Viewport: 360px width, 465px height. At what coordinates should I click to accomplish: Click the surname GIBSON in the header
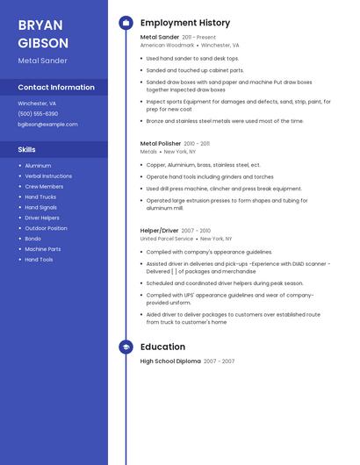click(x=43, y=42)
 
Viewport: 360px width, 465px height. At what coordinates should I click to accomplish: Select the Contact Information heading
click(x=56, y=87)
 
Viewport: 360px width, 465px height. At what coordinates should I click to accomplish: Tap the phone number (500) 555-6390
click(x=38, y=113)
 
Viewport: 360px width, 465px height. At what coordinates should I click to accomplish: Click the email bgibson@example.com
click(x=47, y=125)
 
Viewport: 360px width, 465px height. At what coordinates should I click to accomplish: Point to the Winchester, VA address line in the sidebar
click(x=37, y=103)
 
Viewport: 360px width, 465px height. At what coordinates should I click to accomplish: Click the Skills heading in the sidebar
click(x=26, y=149)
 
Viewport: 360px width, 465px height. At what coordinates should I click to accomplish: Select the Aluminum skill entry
click(x=38, y=165)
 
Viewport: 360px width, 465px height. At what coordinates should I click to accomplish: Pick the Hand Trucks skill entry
click(x=40, y=197)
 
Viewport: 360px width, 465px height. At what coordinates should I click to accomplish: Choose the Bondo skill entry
click(x=32, y=239)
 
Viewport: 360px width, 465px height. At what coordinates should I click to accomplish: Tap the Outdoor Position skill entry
click(x=46, y=228)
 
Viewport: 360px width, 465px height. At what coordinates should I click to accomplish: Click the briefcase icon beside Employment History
click(x=126, y=23)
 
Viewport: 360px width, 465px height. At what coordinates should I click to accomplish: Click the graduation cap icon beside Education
click(x=126, y=347)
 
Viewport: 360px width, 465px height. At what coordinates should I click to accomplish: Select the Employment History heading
click(x=184, y=23)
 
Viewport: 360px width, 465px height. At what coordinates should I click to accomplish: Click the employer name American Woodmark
click(x=167, y=45)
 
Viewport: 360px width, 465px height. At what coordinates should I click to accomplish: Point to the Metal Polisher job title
click(x=160, y=143)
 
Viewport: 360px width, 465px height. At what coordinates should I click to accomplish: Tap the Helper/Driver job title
click(x=159, y=231)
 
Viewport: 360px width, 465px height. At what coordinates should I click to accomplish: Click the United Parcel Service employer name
click(x=166, y=239)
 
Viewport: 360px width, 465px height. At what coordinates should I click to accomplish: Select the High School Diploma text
click(x=170, y=361)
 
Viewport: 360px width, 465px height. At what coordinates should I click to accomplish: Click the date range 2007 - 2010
click(x=196, y=231)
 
